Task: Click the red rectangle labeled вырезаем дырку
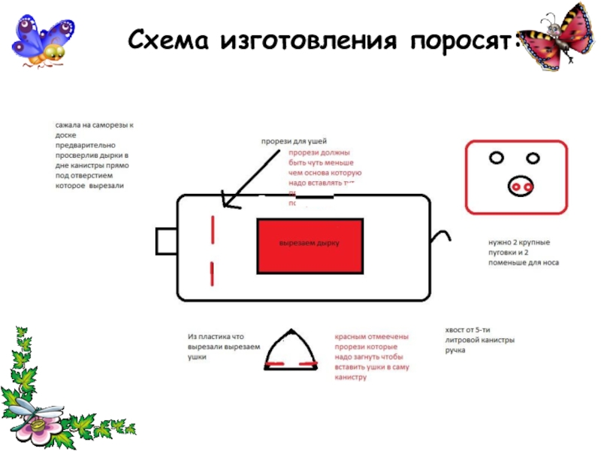click(310, 246)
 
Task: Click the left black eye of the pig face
click(497, 157)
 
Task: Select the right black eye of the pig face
click(533, 157)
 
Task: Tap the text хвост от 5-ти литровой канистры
click(480, 340)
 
